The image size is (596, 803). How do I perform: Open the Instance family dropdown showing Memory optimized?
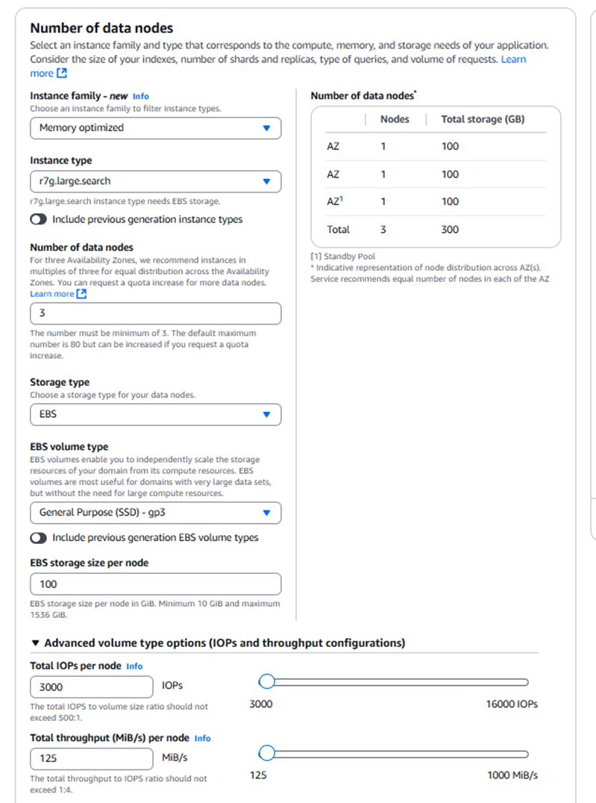tap(155, 128)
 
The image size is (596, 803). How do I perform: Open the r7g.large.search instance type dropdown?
tap(155, 181)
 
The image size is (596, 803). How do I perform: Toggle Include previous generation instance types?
tap(38, 219)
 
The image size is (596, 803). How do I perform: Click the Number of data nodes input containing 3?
tap(155, 313)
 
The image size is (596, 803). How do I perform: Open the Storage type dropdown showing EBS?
tap(155, 414)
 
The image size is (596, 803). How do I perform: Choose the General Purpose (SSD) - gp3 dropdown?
tap(155, 513)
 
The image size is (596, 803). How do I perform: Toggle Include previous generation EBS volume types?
tap(38, 537)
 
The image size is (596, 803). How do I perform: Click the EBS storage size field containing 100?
tap(155, 584)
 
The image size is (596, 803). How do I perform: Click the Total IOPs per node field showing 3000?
tap(92, 687)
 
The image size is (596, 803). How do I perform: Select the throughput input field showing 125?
tap(92, 759)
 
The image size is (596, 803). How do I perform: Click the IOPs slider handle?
tap(266, 681)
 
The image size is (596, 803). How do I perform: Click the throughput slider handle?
tap(266, 753)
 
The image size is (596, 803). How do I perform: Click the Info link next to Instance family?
tap(141, 96)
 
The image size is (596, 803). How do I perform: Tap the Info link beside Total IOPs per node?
tap(134, 666)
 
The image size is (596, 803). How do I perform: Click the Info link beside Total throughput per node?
tap(202, 738)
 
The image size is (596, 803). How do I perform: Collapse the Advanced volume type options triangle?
tap(34, 643)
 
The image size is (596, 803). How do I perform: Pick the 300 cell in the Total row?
tap(450, 229)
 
